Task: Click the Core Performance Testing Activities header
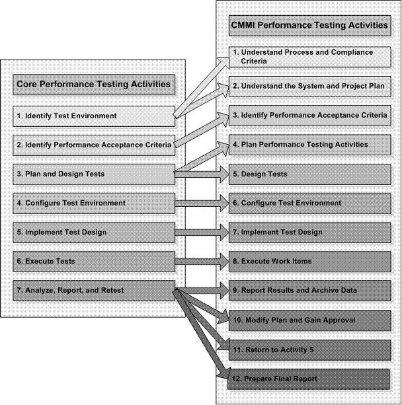click(93, 84)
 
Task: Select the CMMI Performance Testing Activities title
click(309, 26)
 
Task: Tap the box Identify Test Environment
click(93, 116)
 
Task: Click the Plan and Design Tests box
click(93, 174)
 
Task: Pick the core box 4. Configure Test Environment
click(93, 203)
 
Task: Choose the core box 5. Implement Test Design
click(93, 232)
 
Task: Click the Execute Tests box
click(93, 261)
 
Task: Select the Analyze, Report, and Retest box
click(93, 290)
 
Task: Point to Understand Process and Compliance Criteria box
click(309, 57)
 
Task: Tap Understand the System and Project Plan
click(309, 87)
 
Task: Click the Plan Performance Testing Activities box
click(309, 145)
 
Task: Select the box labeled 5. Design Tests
click(309, 174)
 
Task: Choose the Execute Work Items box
click(309, 261)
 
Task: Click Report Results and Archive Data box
click(309, 290)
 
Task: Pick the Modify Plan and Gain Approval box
click(309, 320)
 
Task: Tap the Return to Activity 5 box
click(309, 349)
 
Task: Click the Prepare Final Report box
click(309, 379)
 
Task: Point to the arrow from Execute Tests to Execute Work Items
click(202, 261)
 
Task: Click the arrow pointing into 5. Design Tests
click(202, 174)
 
